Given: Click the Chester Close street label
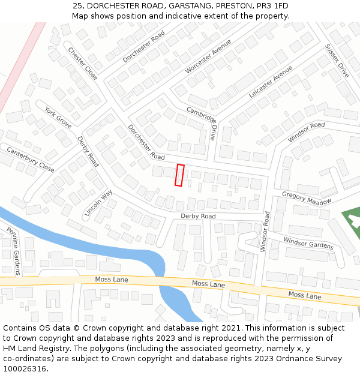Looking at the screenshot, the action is [82, 64].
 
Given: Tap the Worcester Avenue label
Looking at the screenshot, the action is [208, 56].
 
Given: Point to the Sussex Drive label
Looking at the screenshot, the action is [337, 61].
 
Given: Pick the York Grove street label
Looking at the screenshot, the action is [58, 117].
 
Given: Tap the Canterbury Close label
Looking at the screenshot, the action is [30, 160].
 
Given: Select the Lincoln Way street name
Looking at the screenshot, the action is [98, 203].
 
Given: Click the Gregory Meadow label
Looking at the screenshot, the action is [306, 198].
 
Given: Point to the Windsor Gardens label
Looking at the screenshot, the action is [308, 242].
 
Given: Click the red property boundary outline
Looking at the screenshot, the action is [179, 175].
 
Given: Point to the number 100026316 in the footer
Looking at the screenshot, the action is [25, 369].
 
